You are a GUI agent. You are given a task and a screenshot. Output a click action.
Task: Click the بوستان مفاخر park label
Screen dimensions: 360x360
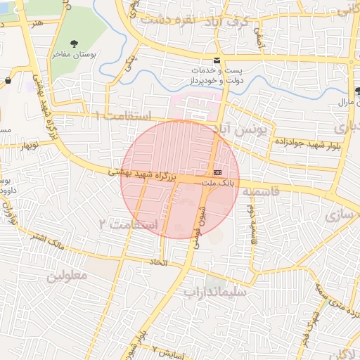(x=72, y=54)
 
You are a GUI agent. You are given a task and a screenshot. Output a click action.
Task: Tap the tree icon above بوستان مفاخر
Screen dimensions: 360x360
(x=73, y=40)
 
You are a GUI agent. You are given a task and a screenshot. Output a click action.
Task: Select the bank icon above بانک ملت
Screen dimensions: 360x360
(x=217, y=172)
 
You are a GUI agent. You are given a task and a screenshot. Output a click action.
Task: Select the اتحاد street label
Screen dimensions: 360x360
(x=157, y=262)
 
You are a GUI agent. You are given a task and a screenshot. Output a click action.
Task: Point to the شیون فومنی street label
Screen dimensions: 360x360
(x=198, y=225)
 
